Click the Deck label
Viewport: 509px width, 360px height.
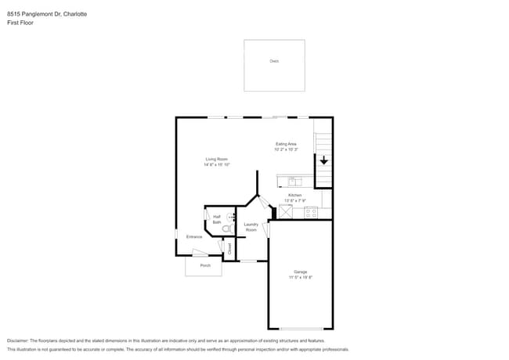tap(274, 60)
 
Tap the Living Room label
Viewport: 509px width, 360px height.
tap(216, 160)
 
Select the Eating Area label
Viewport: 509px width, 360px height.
tap(286, 144)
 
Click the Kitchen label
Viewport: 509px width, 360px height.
tap(294, 195)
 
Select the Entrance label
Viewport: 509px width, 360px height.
tap(194, 236)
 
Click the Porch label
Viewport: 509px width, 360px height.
tap(205, 265)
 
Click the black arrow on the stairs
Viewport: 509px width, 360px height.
tap(323, 160)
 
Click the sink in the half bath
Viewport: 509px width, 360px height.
tap(232, 217)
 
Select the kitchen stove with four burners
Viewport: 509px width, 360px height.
tap(311, 211)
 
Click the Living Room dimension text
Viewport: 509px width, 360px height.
tap(216, 165)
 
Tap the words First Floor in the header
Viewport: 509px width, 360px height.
tap(20, 23)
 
